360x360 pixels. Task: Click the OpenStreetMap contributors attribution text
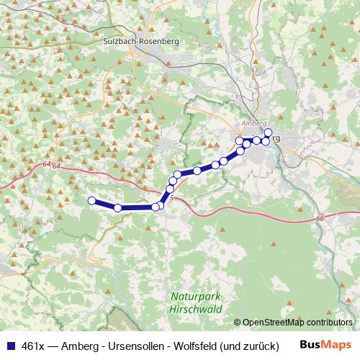pos(297,323)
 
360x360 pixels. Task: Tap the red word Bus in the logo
pos(311,346)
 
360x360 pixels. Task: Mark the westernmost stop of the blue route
pos(91,200)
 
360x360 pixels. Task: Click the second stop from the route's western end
pos(118,207)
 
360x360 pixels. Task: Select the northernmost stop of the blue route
pos(269,132)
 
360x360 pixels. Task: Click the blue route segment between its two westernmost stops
pos(104,204)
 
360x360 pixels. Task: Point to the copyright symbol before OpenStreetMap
pos(238,323)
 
